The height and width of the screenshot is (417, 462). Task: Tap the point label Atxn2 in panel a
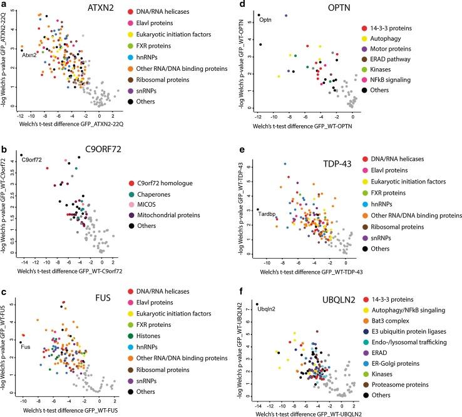pos(29,54)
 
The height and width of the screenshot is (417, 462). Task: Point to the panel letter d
pos(242,6)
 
